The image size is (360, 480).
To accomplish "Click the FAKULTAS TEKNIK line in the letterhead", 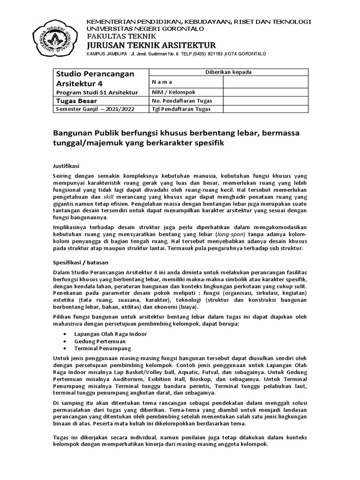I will tap(111, 36).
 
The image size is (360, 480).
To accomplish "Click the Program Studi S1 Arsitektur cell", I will tap(97, 92).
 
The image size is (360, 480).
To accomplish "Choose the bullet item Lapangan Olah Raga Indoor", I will tap(111, 333).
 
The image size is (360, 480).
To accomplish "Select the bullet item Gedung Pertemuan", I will tap(97, 341).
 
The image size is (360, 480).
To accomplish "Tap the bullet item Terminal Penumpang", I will tap(103, 348).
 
